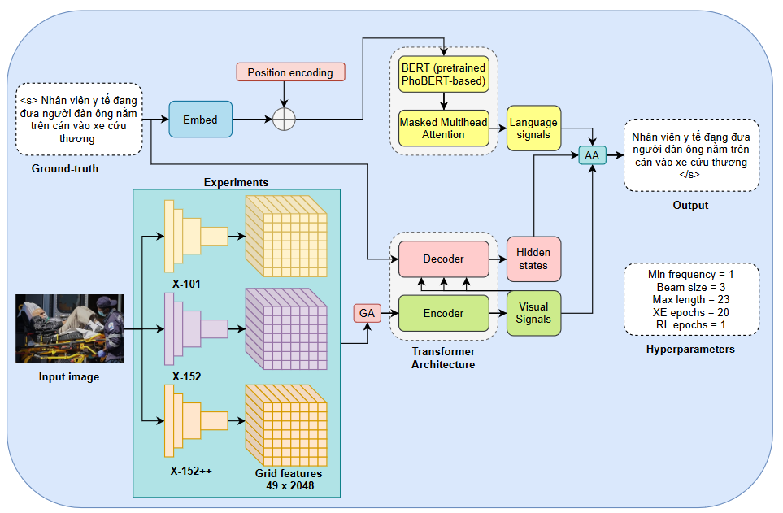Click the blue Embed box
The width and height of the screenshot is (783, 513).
[200, 120]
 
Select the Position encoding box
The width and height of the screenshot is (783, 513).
[290, 72]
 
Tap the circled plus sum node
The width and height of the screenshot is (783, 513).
[283, 120]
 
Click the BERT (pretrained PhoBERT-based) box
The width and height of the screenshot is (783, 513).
[443, 74]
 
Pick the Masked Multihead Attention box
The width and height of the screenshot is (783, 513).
[443, 128]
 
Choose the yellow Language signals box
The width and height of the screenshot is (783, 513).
[533, 128]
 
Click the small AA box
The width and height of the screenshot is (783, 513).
[592, 155]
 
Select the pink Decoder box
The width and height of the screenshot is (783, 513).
[443, 259]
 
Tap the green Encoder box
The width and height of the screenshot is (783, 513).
[443, 313]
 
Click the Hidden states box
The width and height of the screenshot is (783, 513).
[533, 259]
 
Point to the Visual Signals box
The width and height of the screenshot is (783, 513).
[533, 313]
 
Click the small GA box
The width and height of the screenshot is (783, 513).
[367, 313]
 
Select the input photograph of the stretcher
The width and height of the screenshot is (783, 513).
[70, 328]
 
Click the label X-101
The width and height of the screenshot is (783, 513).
[186, 284]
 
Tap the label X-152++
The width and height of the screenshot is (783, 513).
[191, 471]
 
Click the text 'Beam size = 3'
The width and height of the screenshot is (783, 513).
[690, 287]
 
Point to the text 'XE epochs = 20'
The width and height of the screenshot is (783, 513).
[690, 313]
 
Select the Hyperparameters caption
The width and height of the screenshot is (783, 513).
[690, 349]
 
